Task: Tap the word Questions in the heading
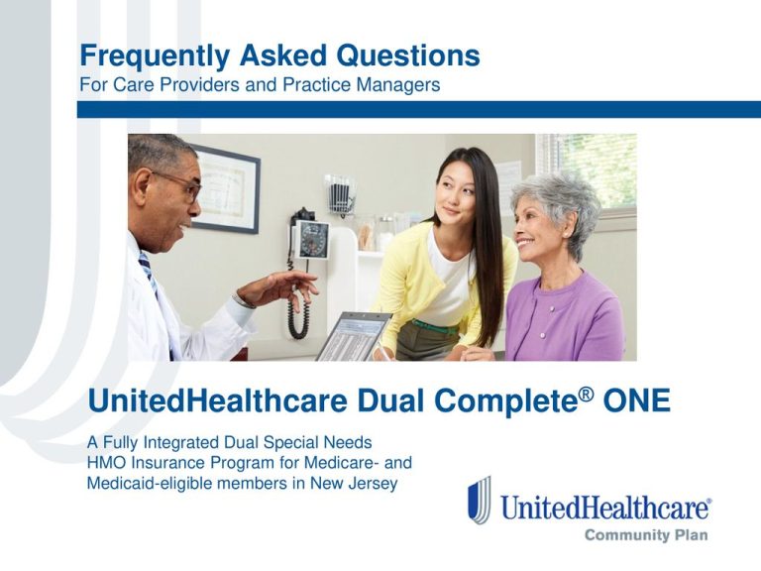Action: click(404, 56)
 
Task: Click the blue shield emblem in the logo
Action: click(480, 500)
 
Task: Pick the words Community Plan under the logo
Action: click(647, 535)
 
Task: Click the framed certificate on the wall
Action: click(223, 187)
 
